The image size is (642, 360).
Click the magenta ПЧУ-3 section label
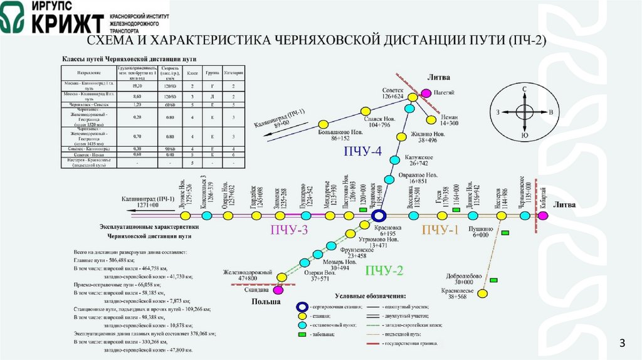[289, 230]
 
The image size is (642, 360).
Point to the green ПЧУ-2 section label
[384, 270]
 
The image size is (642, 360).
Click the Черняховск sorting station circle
[378, 215]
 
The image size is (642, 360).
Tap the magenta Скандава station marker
[278, 290]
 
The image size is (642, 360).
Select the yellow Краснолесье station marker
[483, 293]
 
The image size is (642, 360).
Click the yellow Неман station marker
[431, 120]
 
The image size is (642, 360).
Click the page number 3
[623, 342]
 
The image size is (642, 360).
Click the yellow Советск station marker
[412, 98]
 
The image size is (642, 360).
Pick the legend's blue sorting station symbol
[302, 307]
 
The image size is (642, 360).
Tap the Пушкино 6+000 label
[480, 231]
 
